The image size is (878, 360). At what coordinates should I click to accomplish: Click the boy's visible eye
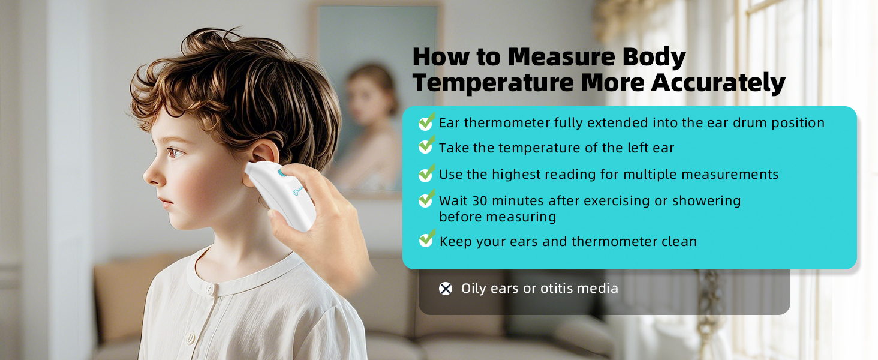[x=176, y=152]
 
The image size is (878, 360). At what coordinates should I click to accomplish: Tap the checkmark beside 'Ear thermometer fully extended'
[x=426, y=122]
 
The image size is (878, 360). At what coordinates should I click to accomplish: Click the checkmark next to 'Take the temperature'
[x=426, y=146]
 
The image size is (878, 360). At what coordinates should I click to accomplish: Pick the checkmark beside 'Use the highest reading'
[x=426, y=173]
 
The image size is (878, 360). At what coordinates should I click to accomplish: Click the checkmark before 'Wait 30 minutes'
[x=426, y=199]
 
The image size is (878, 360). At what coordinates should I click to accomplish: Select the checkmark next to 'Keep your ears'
[x=426, y=239]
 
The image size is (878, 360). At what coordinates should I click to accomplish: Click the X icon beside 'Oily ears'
[x=445, y=289]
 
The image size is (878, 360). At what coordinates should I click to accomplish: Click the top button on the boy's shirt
[x=210, y=289]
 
